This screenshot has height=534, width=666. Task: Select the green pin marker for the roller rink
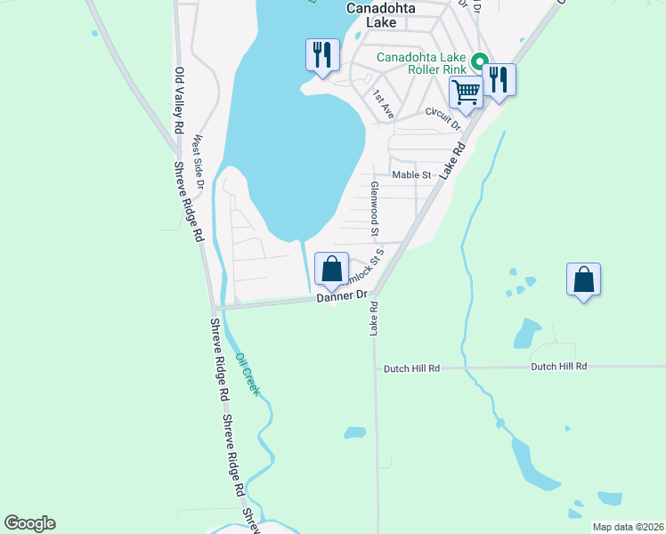click(x=479, y=62)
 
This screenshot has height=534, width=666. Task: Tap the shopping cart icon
click(x=466, y=91)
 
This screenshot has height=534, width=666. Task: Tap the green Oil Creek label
click(x=248, y=375)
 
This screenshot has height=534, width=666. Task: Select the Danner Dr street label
click(x=342, y=296)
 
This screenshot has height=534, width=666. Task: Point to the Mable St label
click(x=411, y=175)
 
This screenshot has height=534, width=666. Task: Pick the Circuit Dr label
click(x=443, y=118)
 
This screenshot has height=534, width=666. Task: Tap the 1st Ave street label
click(x=384, y=104)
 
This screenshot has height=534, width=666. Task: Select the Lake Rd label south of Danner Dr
click(x=374, y=318)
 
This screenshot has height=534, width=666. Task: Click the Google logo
click(x=29, y=523)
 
